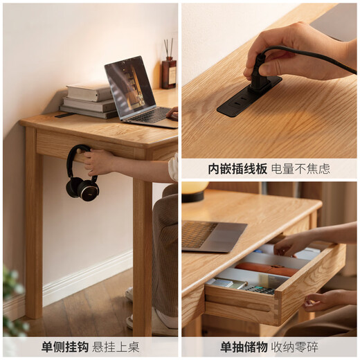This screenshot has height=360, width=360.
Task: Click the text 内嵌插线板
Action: coord(237,168)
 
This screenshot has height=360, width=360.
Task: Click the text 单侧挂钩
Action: coord(64,347)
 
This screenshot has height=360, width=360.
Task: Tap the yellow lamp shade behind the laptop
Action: coord(195,188)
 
